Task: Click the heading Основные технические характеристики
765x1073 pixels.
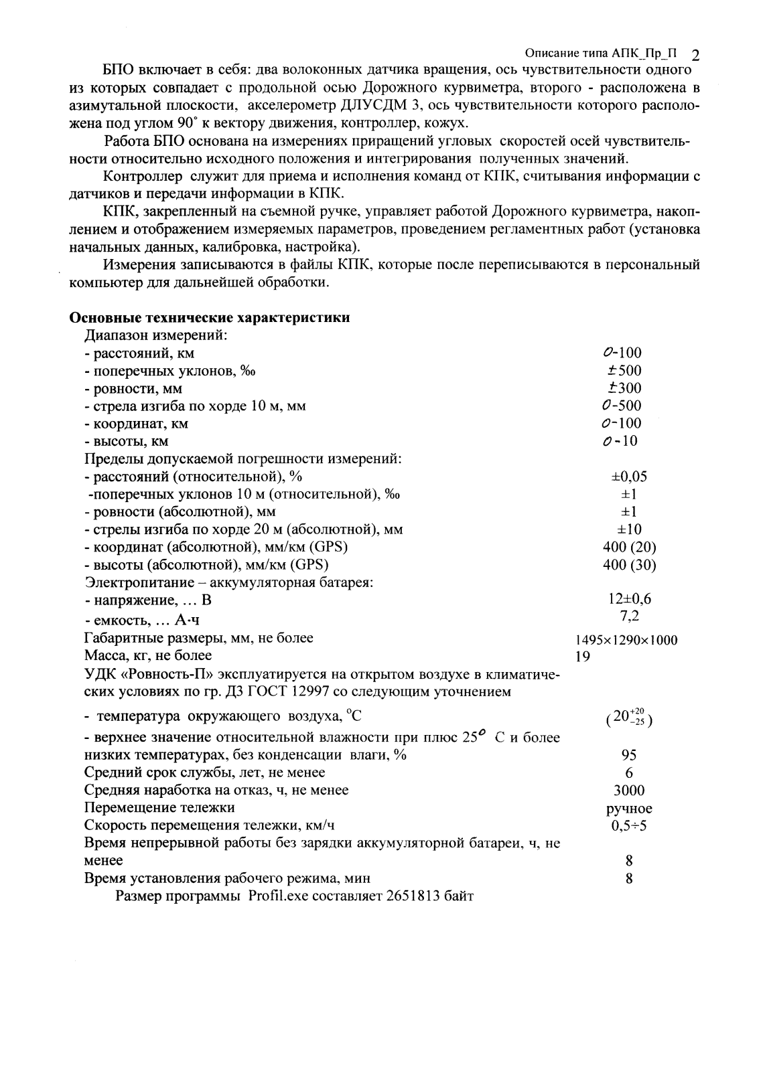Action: click(210, 318)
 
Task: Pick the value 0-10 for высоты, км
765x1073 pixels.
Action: click(620, 441)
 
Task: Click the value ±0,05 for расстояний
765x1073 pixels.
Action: click(629, 477)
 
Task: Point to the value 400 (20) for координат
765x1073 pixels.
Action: click(629, 547)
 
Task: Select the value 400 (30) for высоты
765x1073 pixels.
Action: click(629, 565)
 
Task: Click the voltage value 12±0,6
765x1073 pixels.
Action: click(629, 599)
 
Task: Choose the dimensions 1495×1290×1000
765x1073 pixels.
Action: click(622, 640)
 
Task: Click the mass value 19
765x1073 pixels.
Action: click(583, 657)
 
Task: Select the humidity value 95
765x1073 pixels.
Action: click(629, 755)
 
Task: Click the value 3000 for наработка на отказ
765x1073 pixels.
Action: click(629, 791)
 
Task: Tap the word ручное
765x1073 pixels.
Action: click(629, 809)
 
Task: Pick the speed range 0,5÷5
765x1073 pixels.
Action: click(629, 826)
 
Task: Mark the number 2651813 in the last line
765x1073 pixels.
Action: click(413, 896)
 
